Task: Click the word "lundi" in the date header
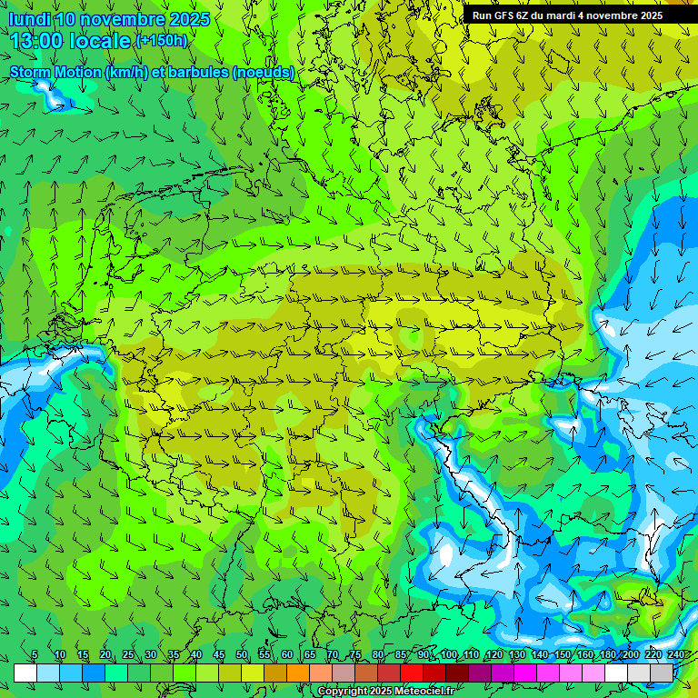click(29, 19)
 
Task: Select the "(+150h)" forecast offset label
click(162, 41)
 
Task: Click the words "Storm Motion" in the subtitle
click(55, 72)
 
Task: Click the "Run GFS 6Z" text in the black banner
click(500, 15)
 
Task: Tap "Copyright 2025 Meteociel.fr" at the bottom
click(385, 692)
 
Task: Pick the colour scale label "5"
click(35, 655)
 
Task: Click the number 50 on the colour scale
click(241, 655)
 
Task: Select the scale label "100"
click(448, 655)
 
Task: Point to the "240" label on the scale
click(675, 655)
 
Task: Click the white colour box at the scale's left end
click(25, 673)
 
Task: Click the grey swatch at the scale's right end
click(662, 673)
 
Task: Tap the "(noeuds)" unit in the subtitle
click(264, 72)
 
